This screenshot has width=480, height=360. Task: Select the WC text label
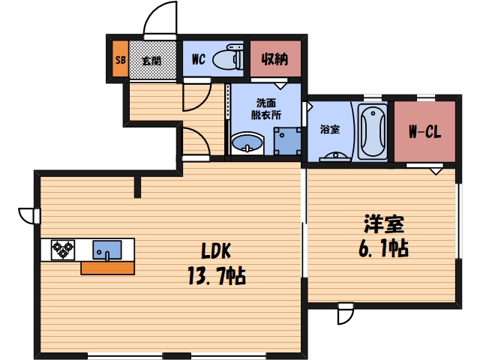pos(199,58)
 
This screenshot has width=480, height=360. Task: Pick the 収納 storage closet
pos(274,58)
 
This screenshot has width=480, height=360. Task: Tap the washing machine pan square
pos(287,139)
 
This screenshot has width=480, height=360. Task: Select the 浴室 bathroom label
pos(330,129)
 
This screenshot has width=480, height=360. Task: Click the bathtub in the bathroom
pos(373,132)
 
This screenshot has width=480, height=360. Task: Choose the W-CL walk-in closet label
pos(424,133)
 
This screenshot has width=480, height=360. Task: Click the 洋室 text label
pos(384,223)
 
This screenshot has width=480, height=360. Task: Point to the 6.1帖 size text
pos(382,248)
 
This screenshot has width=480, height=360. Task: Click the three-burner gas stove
pos(63,249)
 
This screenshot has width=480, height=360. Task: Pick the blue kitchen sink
pos(107,249)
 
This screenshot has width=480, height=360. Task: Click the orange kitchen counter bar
pos(107,268)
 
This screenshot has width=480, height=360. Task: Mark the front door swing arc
pos(160,16)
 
